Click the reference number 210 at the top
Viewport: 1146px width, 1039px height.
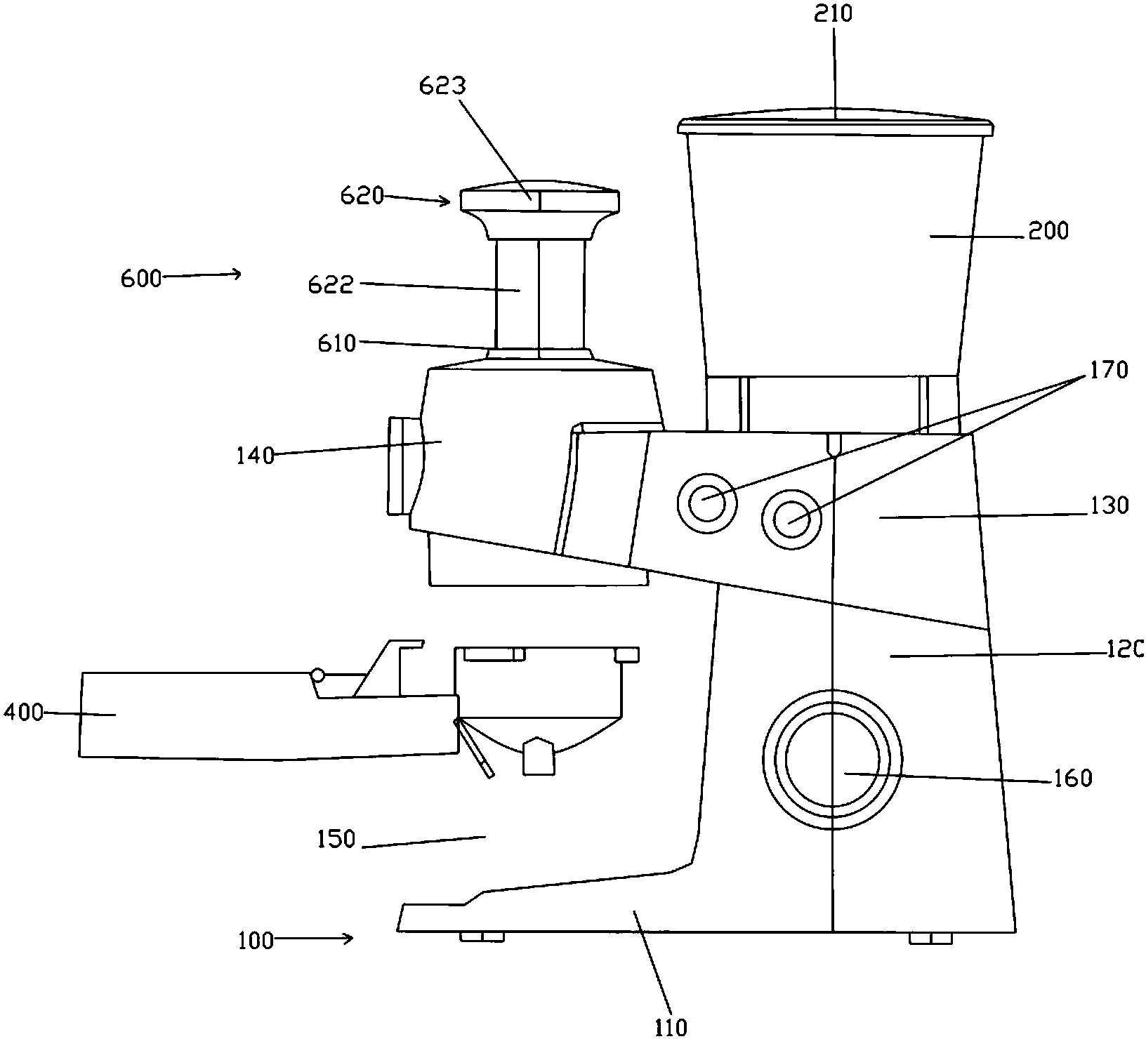click(834, 13)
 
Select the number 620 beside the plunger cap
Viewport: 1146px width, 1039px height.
click(362, 196)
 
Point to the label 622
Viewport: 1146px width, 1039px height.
click(331, 284)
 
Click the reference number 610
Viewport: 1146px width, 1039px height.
click(336, 344)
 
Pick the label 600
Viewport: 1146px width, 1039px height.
click(140, 278)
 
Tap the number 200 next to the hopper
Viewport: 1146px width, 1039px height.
click(1048, 231)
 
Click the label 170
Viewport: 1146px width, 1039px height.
click(1107, 370)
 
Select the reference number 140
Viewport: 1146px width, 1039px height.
click(255, 456)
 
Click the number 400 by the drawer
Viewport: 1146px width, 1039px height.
click(24, 713)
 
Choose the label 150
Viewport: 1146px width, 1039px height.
click(336, 839)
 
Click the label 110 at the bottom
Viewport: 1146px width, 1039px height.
click(671, 1027)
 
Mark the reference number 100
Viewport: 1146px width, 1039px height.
click(255, 939)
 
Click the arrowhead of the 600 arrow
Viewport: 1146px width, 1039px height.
click(237, 274)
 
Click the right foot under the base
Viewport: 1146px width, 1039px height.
click(931, 938)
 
